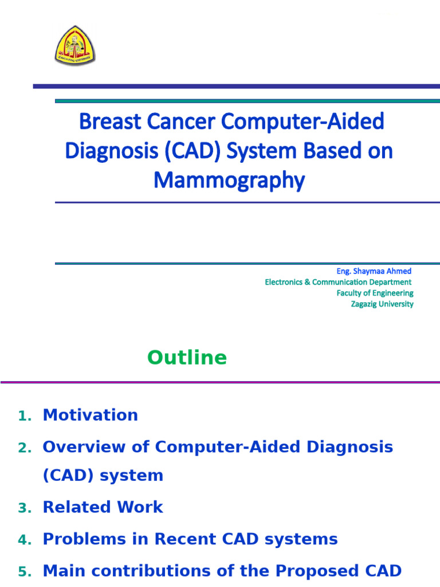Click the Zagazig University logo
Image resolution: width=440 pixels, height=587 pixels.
(x=75, y=45)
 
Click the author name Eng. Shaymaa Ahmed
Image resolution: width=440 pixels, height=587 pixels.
(x=374, y=271)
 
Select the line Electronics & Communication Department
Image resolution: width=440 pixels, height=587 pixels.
(x=338, y=282)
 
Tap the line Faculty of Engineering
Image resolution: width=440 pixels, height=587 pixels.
(x=375, y=293)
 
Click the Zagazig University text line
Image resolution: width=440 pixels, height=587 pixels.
(x=382, y=304)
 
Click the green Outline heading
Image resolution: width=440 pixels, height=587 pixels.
(x=187, y=358)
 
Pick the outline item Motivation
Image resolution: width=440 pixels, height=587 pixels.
(x=91, y=415)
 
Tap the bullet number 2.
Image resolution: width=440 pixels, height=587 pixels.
(x=24, y=448)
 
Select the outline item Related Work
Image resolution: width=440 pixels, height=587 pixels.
(x=103, y=507)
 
